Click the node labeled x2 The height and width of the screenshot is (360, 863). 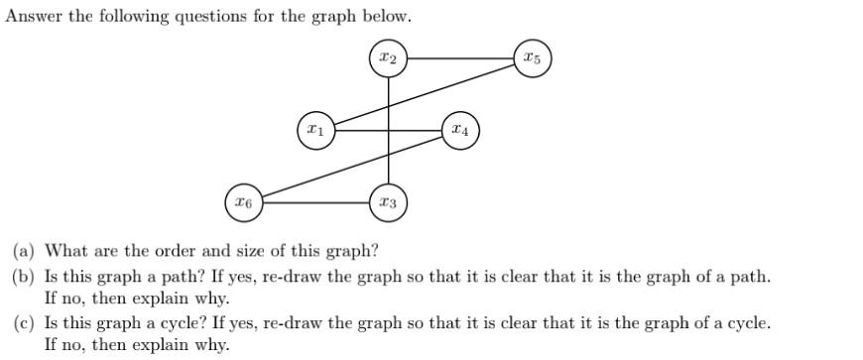(389, 59)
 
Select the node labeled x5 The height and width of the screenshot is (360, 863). (533, 59)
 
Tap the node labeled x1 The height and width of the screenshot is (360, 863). (315, 131)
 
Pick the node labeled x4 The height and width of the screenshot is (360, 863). (460, 131)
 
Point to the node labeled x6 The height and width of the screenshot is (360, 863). (244, 202)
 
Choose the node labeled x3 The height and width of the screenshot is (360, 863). (389, 202)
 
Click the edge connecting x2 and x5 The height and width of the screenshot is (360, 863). (460, 59)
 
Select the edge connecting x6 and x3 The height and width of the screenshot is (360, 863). (315, 202)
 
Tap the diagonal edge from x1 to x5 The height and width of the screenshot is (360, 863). (425, 94)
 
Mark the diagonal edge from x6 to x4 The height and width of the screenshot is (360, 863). (352, 167)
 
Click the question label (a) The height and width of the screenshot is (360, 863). (24, 252)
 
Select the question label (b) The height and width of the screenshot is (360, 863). (24, 276)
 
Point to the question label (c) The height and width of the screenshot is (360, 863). (24, 322)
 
